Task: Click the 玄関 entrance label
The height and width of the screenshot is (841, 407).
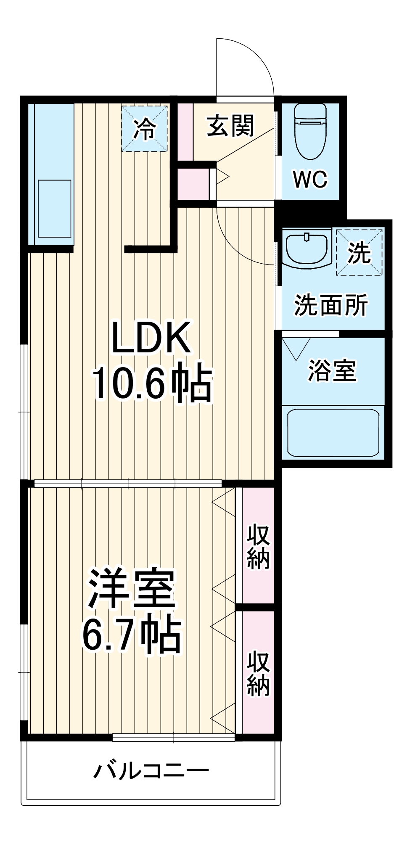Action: (x=230, y=126)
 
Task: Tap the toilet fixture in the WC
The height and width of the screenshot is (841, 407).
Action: (x=311, y=131)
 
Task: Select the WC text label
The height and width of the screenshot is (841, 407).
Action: (x=310, y=180)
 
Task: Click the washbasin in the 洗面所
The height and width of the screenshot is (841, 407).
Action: (x=307, y=248)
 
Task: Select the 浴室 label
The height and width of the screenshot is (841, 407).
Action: (x=332, y=371)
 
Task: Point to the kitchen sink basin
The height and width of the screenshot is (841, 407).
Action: (x=55, y=209)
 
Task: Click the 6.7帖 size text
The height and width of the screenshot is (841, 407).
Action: (x=132, y=635)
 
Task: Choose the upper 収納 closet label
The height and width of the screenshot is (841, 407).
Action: (x=258, y=547)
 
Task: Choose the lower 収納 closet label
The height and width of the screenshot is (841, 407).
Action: (x=258, y=673)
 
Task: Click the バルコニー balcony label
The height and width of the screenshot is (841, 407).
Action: (x=151, y=771)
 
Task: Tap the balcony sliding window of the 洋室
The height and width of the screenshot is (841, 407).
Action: (x=174, y=737)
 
